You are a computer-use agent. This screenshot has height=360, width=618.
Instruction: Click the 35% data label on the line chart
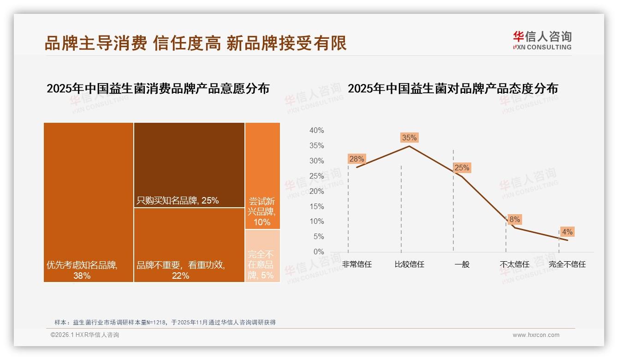409,138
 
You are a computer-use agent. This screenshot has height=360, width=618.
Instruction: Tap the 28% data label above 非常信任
357,159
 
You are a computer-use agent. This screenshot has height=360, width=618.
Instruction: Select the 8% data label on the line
514,220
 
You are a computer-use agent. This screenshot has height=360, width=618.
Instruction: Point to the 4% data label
567,232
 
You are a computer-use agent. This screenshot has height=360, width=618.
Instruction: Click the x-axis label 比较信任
409,264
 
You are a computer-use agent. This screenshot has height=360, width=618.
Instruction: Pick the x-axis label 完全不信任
567,264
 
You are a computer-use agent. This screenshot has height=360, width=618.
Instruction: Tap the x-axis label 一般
462,264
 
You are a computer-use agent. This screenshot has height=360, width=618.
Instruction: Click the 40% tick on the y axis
316,131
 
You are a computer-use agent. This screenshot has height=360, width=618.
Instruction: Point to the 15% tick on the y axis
316,206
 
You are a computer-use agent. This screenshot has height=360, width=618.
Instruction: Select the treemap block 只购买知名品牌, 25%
189,165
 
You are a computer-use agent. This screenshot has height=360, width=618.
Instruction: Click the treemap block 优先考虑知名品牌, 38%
89,202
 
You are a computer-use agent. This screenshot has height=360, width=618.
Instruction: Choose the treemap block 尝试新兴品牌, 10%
262,175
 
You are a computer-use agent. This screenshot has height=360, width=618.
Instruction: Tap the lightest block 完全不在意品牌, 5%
262,256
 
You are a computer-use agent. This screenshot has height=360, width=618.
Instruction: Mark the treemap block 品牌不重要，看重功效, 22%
189,245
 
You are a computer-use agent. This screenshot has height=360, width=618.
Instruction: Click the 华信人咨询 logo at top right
542,40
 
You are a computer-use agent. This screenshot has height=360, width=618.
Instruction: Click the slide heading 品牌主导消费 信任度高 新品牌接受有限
196,43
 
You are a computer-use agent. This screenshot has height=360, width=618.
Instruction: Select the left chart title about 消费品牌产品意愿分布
158,89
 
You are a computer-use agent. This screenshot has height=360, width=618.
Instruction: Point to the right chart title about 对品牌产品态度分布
452,88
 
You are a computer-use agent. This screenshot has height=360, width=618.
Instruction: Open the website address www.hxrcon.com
536,335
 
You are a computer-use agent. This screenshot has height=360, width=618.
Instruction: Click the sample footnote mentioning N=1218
165,322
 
